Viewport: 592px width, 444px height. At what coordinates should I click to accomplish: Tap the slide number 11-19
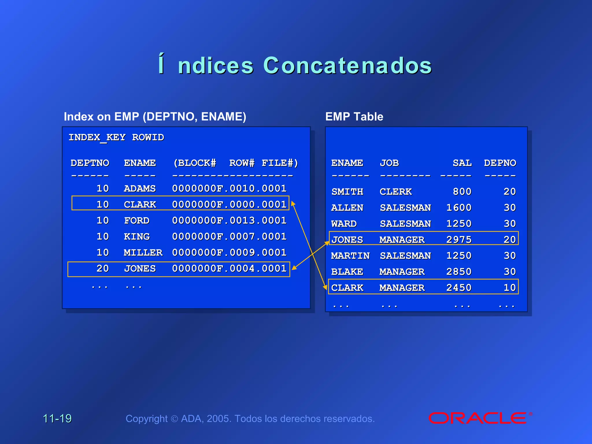[x=57, y=418]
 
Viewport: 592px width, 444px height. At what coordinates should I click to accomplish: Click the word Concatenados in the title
[x=347, y=66]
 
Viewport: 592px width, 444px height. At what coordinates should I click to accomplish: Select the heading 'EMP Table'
[x=354, y=116]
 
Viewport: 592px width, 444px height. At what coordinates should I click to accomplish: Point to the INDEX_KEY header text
[x=97, y=137]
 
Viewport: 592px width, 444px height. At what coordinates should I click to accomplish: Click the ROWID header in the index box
[x=148, y=137]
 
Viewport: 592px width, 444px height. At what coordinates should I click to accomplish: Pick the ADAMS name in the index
[x=140, y=188]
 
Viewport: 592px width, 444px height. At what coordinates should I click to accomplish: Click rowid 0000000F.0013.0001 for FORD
[x=229, y=221]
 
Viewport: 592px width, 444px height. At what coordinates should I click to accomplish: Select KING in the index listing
[x=137, y=236]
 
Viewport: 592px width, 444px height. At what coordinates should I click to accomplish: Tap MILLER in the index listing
[x=143, y=253]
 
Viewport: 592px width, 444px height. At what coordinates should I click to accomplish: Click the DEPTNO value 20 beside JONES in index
[x=103, y=269]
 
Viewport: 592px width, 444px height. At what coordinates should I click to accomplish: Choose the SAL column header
[x=462, y=163]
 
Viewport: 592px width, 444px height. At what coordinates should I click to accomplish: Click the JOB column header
[x=389, y=163]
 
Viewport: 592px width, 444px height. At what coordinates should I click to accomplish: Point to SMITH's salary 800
[x=462, y=191]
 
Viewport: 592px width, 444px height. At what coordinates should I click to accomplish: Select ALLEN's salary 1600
[x=459, y=208]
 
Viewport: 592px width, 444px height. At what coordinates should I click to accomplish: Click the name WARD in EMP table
[x=344, y=224]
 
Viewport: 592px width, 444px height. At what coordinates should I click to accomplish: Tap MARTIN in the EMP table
[x=350, y=256]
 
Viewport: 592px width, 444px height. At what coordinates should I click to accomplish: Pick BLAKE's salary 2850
[x=459, y=272]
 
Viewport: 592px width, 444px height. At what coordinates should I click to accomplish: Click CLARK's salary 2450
[x=459, y=288]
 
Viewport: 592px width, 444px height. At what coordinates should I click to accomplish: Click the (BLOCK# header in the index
[x=195, y=163]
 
